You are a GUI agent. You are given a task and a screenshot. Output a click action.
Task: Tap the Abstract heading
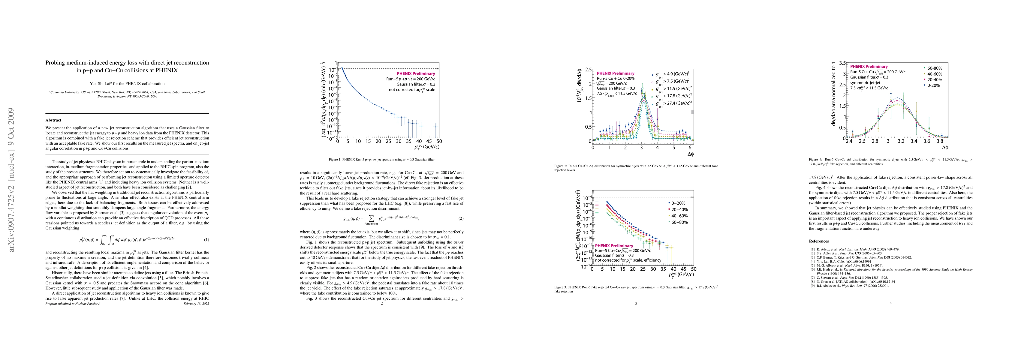[53, 120]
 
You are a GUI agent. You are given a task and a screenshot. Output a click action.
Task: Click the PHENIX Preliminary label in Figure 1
[416, 73]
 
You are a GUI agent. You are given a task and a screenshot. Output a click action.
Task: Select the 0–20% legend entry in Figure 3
[677, 203]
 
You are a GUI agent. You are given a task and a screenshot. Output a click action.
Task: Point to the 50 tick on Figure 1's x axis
[439, 141]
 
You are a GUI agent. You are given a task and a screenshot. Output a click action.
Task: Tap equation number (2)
[461, 218]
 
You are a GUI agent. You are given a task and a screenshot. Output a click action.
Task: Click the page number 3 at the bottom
[636, 304]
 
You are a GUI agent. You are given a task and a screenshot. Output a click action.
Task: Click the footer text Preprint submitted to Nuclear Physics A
[71, 304]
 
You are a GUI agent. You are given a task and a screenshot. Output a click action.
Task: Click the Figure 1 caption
[381, 160]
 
